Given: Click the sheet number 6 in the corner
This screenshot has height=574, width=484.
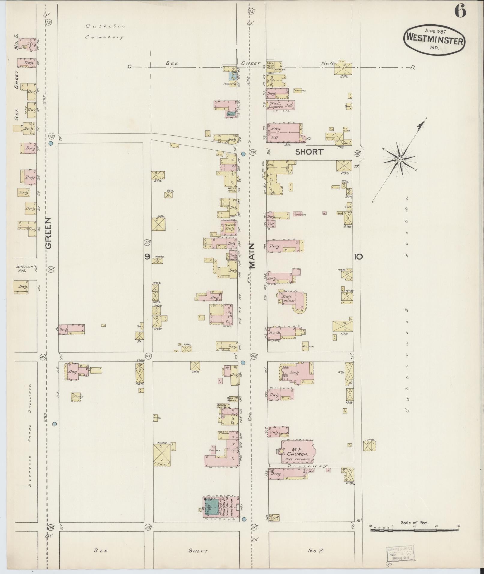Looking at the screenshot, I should tap(460, 12).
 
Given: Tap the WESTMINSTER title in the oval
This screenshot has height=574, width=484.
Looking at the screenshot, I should tap(434, 41).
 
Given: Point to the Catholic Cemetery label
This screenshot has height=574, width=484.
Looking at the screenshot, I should tap(105, 32).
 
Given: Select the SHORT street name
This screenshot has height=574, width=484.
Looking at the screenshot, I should tap(309, 152).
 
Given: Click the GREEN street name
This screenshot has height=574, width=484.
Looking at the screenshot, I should tap(49, 233).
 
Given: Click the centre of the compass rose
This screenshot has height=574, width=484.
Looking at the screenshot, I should tap(399, 160).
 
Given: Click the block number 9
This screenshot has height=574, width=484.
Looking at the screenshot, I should tap(147, 256).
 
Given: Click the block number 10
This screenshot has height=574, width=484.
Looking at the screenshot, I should tap(358, 257).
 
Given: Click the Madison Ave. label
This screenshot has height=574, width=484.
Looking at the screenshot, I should tap(22, 268).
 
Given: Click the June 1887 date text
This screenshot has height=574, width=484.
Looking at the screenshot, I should tap(435, 31).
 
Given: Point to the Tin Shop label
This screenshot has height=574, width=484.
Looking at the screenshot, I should tap(230, 113).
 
